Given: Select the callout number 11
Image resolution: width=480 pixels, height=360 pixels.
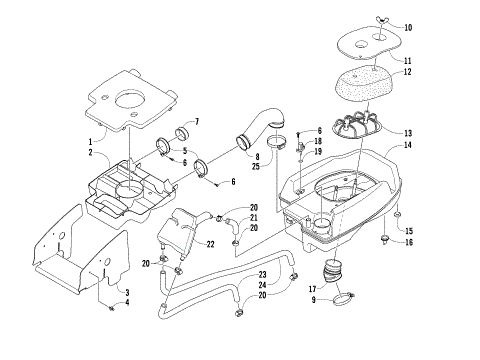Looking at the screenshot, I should pos(408,61).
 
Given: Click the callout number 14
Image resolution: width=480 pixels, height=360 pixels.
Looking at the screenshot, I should pos(408,146).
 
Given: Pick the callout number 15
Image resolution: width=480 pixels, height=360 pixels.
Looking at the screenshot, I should pos(408,230).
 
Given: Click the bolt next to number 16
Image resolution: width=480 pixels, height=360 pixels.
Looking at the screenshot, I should pos(386,240).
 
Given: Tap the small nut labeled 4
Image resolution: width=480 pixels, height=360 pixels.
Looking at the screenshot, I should pos(113,304).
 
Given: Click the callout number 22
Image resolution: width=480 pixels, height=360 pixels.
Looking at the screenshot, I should pos(210,244).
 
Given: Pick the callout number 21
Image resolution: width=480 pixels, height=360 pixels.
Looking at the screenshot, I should pos(254,218).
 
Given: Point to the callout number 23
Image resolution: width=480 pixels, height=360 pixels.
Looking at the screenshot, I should pos(263,274).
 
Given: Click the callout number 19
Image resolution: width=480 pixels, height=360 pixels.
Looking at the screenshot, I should pos(318,152).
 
